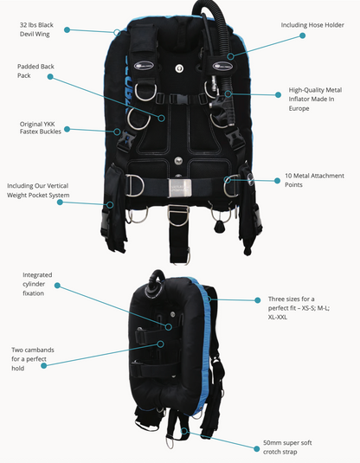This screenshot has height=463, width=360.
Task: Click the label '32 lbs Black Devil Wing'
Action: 37,31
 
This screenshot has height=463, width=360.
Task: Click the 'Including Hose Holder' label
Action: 312,25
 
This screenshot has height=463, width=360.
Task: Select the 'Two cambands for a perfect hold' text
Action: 32,357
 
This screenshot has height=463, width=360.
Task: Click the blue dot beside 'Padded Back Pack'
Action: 50,77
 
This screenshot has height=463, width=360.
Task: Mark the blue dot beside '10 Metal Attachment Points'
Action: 276,179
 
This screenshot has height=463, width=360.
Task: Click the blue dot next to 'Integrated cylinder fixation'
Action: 57,285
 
